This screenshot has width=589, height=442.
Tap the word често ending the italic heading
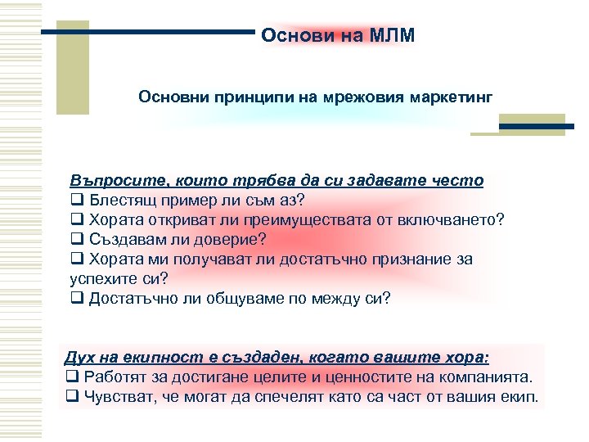(458, 180)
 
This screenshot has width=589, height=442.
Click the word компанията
(488, 377)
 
